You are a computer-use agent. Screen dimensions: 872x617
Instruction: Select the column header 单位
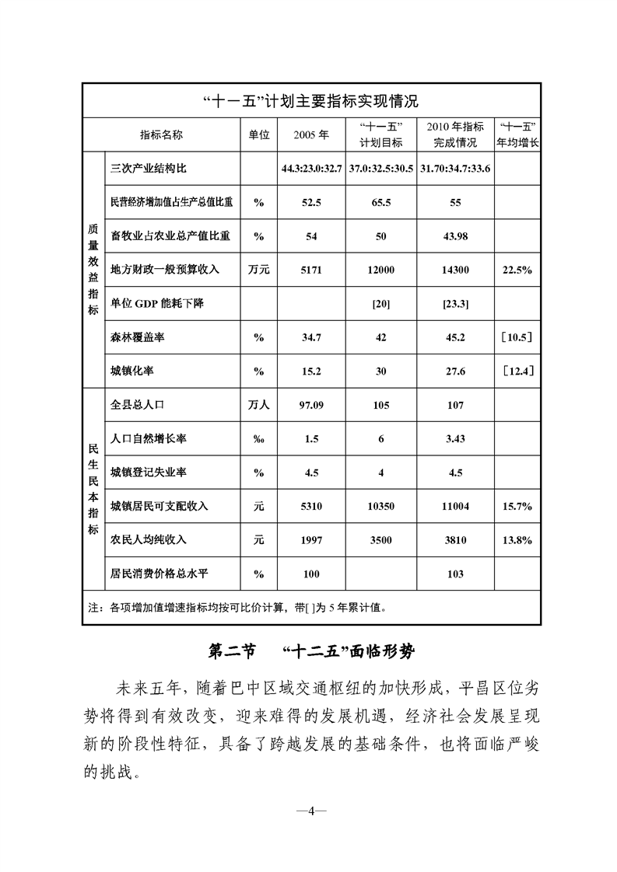258,134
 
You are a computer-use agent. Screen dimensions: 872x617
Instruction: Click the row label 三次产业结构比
149,167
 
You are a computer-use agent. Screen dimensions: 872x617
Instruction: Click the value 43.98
455,236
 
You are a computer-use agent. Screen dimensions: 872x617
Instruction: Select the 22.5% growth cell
517,270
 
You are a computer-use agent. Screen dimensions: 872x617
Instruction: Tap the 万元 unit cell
258,270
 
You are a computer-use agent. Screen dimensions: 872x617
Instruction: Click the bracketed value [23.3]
455,304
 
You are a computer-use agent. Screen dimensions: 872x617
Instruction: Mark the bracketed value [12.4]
517,371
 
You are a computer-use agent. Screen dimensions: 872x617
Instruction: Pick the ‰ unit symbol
258,439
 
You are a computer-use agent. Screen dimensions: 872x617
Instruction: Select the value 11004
455,507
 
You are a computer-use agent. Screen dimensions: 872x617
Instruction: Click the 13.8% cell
517,540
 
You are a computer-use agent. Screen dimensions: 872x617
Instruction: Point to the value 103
455,574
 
